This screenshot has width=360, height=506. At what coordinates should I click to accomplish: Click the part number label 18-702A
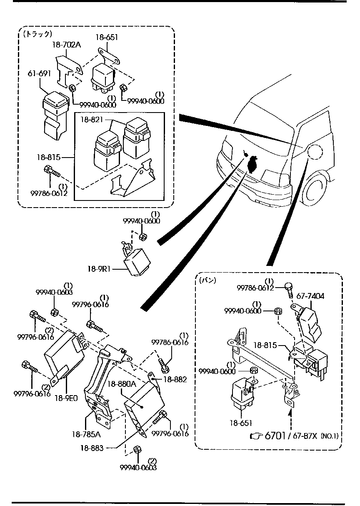[x=67, y=45]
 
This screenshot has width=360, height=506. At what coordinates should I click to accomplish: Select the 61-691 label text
[x=40, y=73]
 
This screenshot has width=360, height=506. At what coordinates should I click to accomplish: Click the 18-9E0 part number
[x=66, y=398]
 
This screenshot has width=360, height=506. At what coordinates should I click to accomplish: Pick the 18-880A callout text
[x=122, y=383]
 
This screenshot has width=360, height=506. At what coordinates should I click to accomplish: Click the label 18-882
[x=175, y=379]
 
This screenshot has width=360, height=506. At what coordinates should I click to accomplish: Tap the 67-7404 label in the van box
[x=310, y=296]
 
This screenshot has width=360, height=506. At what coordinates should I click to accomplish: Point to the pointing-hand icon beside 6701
[x=255, y=436]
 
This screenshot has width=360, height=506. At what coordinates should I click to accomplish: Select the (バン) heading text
[x=207, y=280]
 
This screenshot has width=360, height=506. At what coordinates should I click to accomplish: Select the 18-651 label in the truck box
[x=107, y=38]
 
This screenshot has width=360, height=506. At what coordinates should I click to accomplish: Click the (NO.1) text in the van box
[x=329, y=436]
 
